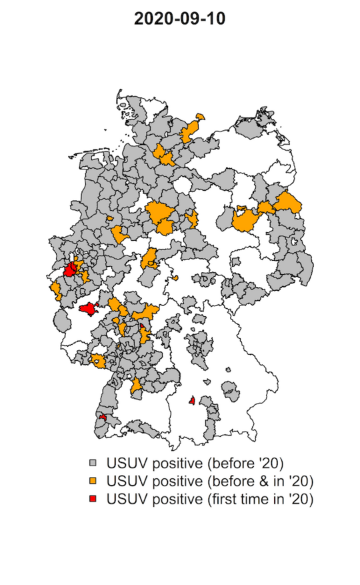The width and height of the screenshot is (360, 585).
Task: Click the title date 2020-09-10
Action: pyautogui.click(x=179, y=19)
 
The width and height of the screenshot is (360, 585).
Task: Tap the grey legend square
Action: pyautogui.click(x=94, y=462)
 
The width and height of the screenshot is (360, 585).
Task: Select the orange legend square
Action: pyautogui.click(x=94, y=480)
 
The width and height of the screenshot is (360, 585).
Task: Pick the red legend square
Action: pyautogui.click(x=94, y=498)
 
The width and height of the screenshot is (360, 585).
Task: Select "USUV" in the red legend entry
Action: pyautogui.click(x=125, y=498)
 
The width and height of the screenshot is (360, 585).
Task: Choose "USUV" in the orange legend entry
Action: pyautogui.click(x=125, y=480)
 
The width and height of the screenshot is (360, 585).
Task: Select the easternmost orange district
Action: pyautogui.click(x=289, y=201)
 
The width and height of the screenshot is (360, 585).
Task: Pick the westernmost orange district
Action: pyautogui.click(x=55, y=289)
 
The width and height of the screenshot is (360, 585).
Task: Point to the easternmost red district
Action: pyautogui.click(x=192, y=400)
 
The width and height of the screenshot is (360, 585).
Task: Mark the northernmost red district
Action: pyautogui.click(x=69, y=270)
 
